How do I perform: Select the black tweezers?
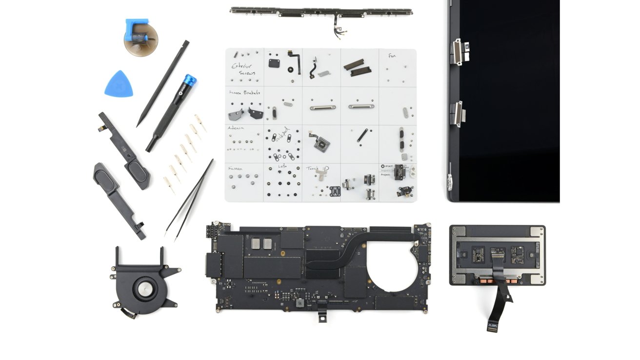pyautogui.click(x=190, y=198)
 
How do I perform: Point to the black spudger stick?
pyautogui.click(x=163, y=83)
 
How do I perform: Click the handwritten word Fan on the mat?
pyautogui.click(x=392, y=56)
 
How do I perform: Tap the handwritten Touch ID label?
pyautogui.click(x=318, y=168)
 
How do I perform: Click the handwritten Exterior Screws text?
pyautogui.click(x=243, y=69)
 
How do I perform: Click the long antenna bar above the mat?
pyautogui.click(x=321, y=10)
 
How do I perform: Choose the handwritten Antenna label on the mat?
pyautogui.click(x=236, y=129)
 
